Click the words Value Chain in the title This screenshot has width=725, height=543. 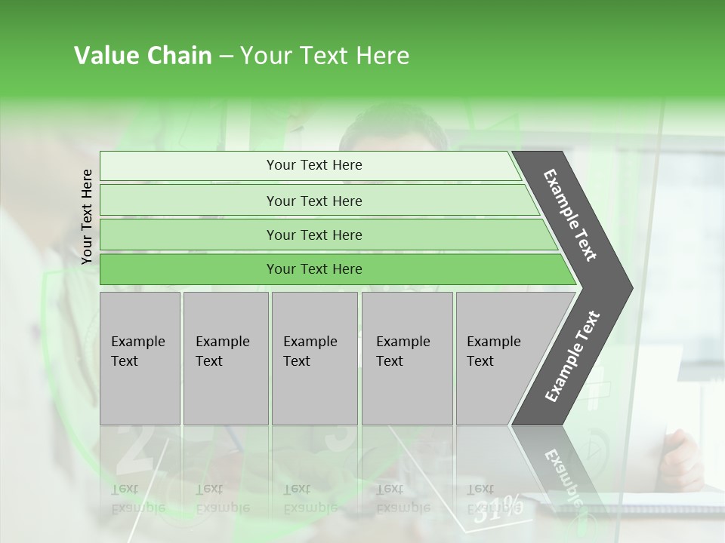tap(143, 56)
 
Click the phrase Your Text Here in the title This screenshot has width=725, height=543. tap(325, 56)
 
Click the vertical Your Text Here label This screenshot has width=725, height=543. tap(87, 217)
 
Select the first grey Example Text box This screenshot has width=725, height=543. tap(140, 358)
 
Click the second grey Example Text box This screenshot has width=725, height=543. tap(225, 358)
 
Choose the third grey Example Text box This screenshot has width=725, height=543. tap(313, 358)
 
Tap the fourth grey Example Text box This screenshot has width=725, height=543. tap(406, 358)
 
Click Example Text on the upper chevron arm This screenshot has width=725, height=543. tap(570, 215)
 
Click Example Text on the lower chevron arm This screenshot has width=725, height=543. tap(572, 356)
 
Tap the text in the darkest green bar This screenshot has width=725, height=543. tap(314, 269)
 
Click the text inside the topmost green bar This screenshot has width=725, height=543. tap(314, 165)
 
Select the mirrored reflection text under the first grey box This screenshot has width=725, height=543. tap(137, 498)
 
